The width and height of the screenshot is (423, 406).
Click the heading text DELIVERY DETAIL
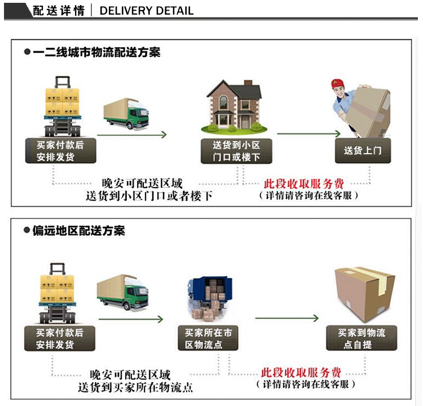[146, 11]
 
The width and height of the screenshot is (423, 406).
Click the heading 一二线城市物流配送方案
[96, 52]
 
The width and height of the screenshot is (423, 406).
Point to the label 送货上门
[363, 150]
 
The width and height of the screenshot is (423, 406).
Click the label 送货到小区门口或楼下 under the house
[236, 150]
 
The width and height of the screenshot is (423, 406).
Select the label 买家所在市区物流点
[208, 338]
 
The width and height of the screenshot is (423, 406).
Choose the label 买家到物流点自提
[362, 338]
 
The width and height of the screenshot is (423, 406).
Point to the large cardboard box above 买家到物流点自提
[364, 293]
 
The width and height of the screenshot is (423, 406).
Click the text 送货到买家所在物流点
[135, 387]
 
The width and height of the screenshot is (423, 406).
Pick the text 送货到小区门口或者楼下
[149, 196]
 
